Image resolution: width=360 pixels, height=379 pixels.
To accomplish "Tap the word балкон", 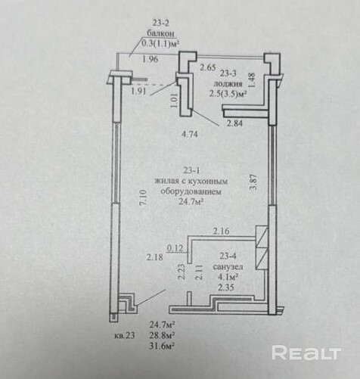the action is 161,33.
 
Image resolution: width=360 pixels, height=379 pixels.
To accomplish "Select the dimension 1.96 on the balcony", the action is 151,60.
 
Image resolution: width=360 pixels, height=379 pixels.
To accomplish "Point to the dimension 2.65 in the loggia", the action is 208,67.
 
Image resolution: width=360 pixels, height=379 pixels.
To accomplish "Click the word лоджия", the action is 228,84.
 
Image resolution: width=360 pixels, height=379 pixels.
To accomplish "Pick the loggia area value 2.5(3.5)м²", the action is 228,94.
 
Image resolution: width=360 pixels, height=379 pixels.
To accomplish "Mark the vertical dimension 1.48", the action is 253,80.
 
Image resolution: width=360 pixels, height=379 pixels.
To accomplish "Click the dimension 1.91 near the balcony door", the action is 138,91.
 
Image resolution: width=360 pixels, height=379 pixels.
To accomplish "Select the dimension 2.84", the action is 234,123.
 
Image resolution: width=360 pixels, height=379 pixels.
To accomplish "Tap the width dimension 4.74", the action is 190,135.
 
